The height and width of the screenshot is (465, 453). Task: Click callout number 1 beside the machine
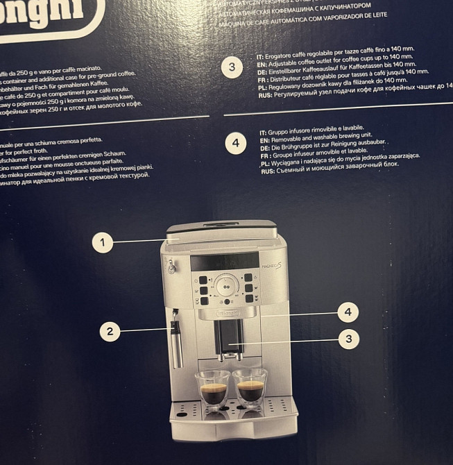click(x=102, y=242)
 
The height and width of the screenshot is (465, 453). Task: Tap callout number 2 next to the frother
click(x=110, y=331)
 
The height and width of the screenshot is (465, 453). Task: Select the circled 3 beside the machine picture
click(x=348, y=338)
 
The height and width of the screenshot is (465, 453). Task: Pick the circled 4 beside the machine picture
click(x=348, y=312)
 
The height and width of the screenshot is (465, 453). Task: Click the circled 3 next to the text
click(x=232, y=67)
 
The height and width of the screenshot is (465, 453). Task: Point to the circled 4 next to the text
click(x=236, y=143)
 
